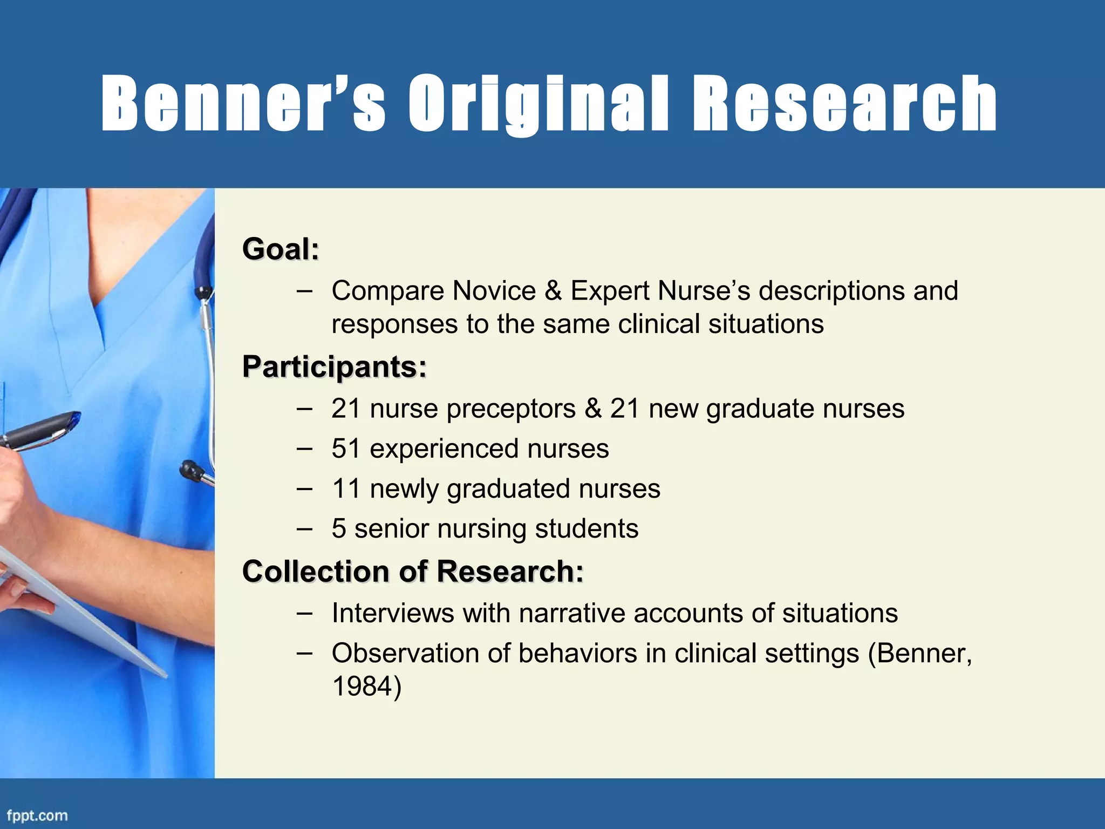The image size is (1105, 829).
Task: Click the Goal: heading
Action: (281, 249)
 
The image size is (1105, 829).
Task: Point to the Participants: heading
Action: (335, 367)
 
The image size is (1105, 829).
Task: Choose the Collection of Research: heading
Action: (413, 571)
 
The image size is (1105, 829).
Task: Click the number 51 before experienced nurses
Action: (346, 449)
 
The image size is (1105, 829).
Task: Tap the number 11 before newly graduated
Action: (346, 488)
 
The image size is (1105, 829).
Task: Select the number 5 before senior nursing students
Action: (339, 528)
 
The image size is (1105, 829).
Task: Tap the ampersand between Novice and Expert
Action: (553, 291)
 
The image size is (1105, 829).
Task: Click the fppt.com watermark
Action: (37, 815)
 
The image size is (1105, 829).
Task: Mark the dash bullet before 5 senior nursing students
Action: (304, 528)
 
